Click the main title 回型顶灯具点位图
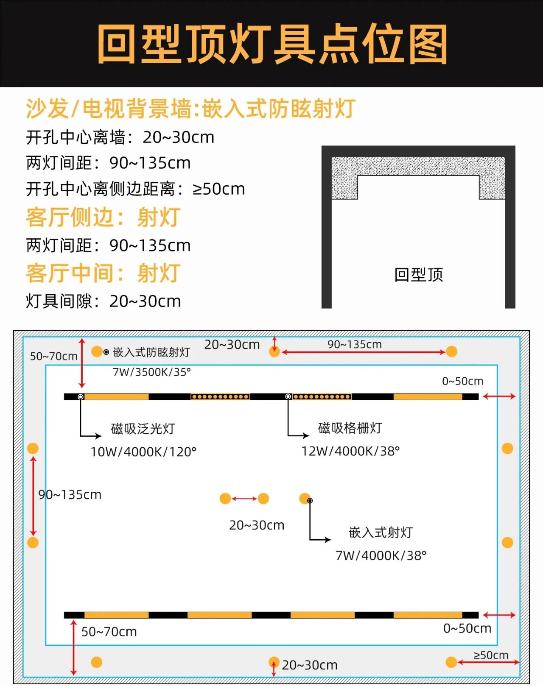pyautogui.click(x=272, y=44)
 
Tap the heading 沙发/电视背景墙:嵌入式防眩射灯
pyautogui.click(x=190, y=109)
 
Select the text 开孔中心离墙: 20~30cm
pyautogui.click(x=120, y=137)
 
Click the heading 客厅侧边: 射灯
pyautogui.click(x=103, y=218)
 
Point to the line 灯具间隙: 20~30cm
pyautogui.click(x=104, y=301)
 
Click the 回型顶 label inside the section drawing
pyautogui.click(x=419, y=274)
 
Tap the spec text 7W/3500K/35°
pyautogui.click(x=152, y=372)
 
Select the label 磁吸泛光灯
pyautogui.click(x=143, y=429)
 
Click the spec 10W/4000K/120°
pyautogui.click(x=143, y=452)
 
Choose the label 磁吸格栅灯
pyautogui.click(x=350, y=428)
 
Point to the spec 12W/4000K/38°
pyautogui.click(x=350, y=451)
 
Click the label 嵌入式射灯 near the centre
pyautogui.click(x=381, y=533)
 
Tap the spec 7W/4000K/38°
pyautogui.click(x=381, y=555)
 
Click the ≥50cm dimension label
pyautogui.click(x=491, y=655)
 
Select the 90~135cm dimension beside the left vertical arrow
pyautogui.click(x=70, y=494)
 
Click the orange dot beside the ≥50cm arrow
pyautogui.click(x=451, y=662)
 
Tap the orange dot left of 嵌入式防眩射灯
pyautogui.click(x=97, y=351)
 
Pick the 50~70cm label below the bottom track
pyautogui.click(x=109, y=631)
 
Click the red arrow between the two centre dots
pyautogui.click(x=244, y=499)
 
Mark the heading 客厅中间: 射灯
pyautogui.click(x=103, y=273)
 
